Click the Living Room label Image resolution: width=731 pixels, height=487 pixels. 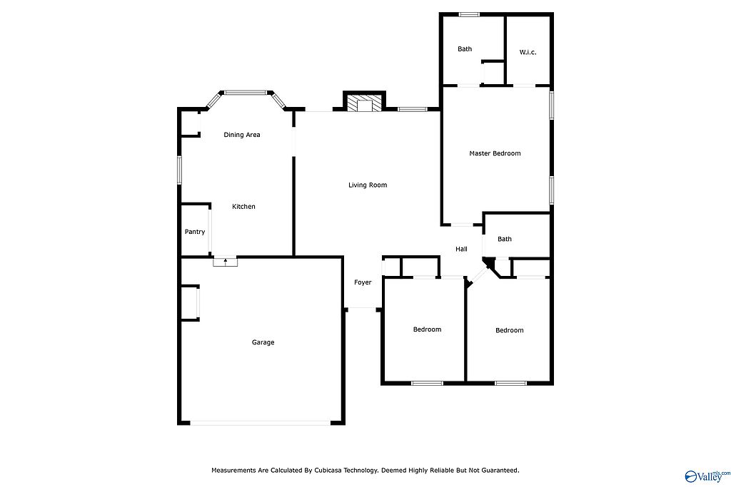pos(368,185)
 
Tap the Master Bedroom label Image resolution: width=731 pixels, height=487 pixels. pos(495,153)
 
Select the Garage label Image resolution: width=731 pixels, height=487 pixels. pos(263,342)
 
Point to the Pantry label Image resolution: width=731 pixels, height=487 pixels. pos(194,232)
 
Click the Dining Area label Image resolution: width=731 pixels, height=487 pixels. pos(242,135)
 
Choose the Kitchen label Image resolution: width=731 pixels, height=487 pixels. pos(243,207)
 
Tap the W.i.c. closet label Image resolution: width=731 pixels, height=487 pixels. pos(528,52)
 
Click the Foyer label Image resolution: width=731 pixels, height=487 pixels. pos(363,282)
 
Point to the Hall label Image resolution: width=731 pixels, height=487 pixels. pos(461,249)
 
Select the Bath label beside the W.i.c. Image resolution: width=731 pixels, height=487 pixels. pos(464,49)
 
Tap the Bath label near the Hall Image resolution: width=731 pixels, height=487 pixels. pos(505,239)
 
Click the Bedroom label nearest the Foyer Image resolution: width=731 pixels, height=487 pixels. pos(427,329)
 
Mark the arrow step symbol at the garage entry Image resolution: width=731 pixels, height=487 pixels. pos(225,262)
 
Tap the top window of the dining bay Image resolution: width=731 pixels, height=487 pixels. pos(246,93)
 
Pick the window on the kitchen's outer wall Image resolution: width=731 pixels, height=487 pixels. pos(179,170)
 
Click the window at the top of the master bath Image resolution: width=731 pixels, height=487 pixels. pos(469,14)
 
